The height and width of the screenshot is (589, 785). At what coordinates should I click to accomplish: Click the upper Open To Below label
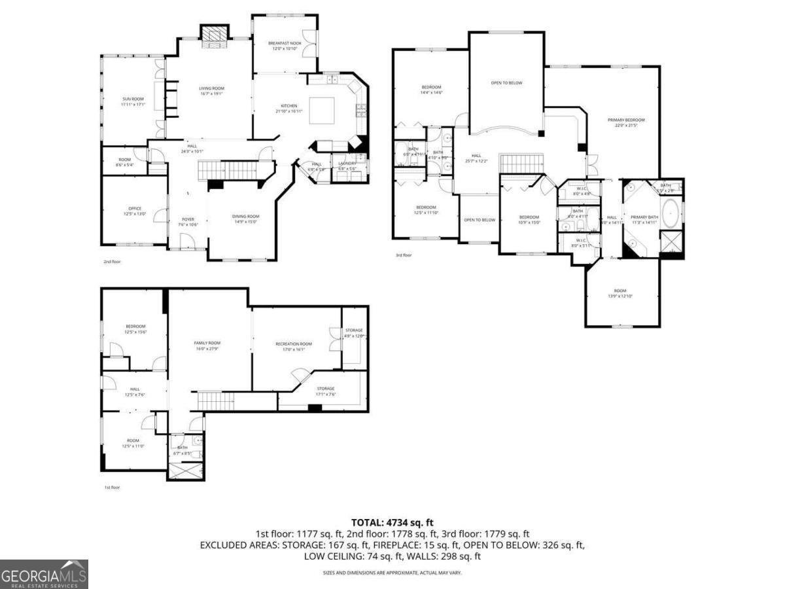(506, 83)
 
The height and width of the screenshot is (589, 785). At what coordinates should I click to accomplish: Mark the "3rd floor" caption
(404, 255)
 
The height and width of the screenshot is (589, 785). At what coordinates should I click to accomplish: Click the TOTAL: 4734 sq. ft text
(392, 522)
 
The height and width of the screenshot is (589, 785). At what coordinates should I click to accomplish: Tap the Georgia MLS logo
(44, 575)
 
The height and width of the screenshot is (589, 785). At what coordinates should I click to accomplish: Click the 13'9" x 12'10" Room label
(619, 293)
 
